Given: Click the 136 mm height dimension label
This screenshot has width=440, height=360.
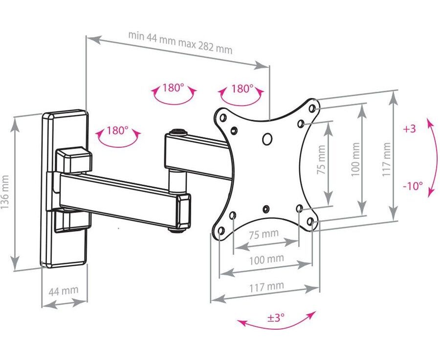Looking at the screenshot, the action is coord(5,192).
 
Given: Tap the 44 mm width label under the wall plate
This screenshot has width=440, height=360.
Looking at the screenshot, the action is coord(64,291).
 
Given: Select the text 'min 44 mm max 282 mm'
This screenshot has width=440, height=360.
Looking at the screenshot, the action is coord(180,42).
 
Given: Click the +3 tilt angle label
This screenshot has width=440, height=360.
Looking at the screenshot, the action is coord(409,128).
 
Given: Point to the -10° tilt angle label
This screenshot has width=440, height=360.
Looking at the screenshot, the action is coord(413,186).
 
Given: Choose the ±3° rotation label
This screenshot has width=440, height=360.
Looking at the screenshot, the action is coord(276,318).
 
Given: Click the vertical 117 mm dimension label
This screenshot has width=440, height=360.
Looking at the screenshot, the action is coord(386,159).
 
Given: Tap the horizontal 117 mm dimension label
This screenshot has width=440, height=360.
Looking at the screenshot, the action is coord(266,287).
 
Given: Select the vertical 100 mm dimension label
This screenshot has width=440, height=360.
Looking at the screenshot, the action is coord(355,159).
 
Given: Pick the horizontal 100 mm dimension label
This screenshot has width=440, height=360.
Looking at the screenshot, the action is coord(266,259).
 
